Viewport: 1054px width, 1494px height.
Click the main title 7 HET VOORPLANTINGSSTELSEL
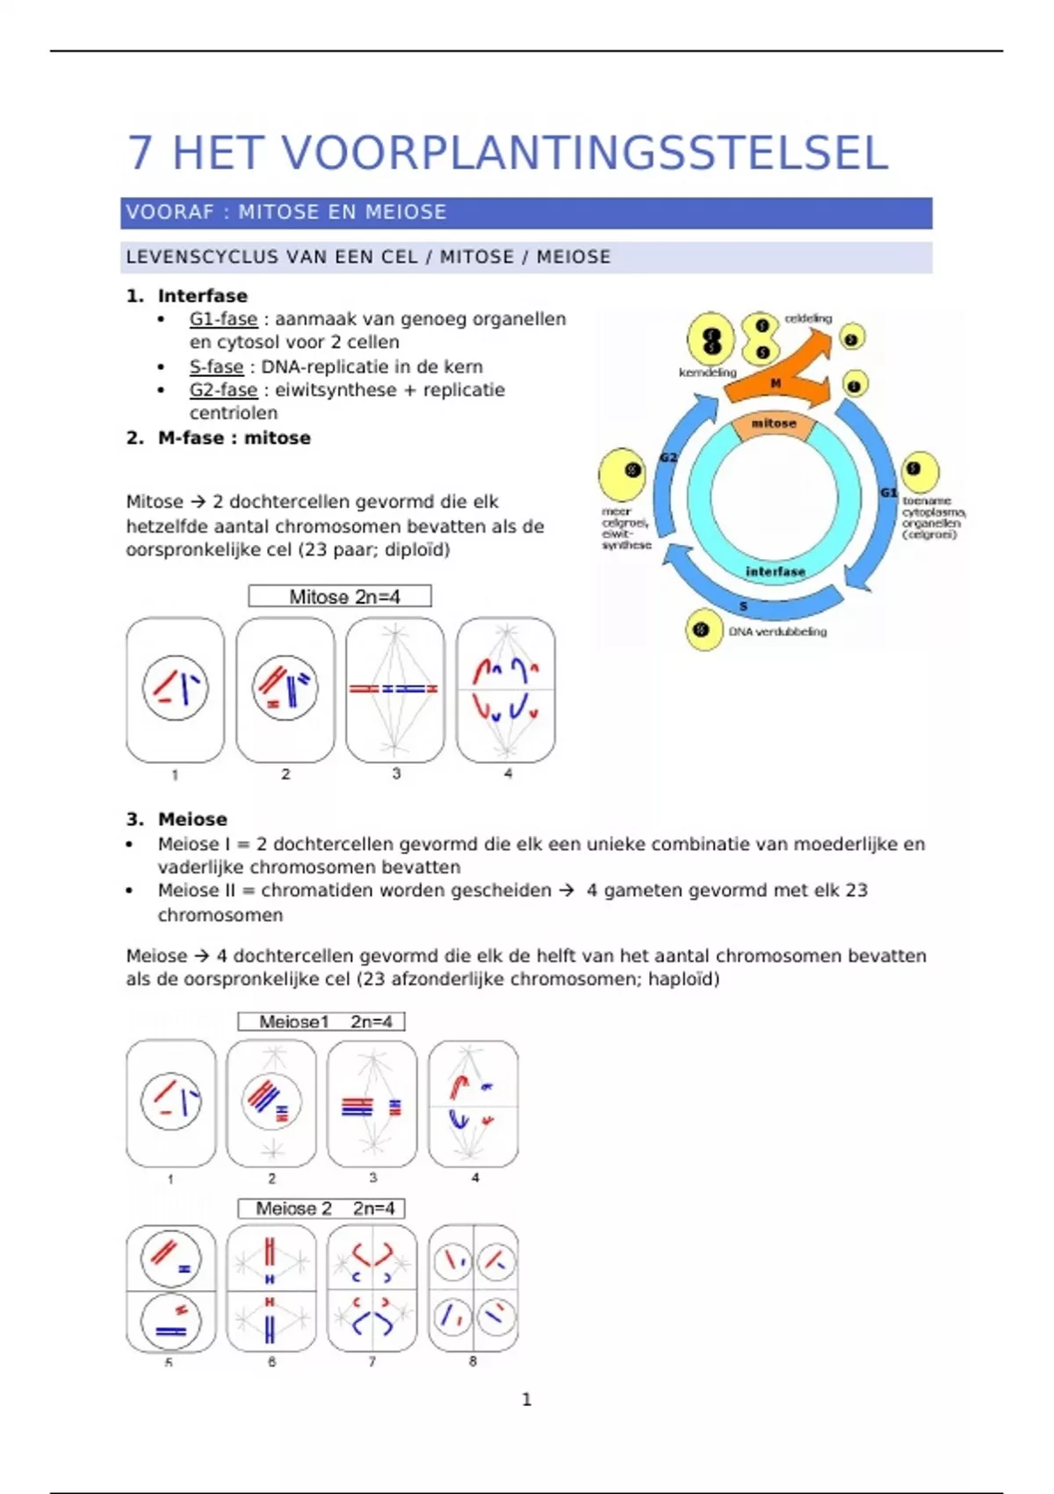(508, 153)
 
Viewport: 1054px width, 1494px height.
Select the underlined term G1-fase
(223, 319)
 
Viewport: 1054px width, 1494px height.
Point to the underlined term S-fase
(216, 366)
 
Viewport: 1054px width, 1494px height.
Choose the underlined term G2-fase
(223, 389)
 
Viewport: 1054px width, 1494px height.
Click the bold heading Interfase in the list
(202, 296)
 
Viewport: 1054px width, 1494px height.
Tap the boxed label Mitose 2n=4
(340, 597)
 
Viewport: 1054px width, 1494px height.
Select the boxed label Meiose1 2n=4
(321, 1021)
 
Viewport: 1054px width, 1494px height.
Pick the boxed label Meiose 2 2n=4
(321, 1208)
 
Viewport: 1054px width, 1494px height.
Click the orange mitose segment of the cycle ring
(774, 424)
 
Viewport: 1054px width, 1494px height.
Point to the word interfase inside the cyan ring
(775, 571)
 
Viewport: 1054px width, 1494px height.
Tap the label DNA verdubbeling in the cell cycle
(777, 631)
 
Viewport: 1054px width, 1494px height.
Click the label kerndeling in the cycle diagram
(707, 372)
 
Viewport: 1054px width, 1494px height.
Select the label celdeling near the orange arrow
(808, 318)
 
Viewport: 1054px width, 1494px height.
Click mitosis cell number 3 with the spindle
(395, 690)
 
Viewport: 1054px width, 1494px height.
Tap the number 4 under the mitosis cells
(508, 773)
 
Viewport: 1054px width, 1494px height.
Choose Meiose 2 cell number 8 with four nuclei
(473, 1287)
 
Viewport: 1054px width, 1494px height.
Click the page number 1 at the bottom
(526, 1399)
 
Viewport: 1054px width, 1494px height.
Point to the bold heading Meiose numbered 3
(192, 819)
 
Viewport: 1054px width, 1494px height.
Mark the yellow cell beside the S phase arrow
(703, 629)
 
